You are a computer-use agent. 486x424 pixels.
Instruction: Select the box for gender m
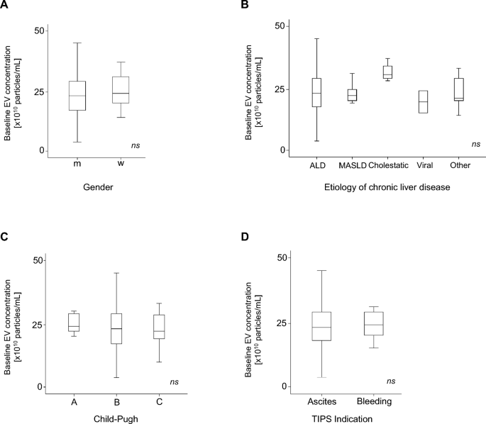coord(77,96)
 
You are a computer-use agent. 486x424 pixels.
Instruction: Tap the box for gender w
coord(121,90)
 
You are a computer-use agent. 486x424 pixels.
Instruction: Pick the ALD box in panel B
coord(316,92)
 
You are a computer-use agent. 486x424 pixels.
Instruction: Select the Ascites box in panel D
coord(321,326)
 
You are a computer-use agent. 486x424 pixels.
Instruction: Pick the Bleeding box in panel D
coord(373,323)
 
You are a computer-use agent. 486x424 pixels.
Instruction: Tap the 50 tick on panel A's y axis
coord(40,30)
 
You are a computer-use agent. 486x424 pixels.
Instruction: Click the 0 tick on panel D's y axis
coord(285,387)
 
